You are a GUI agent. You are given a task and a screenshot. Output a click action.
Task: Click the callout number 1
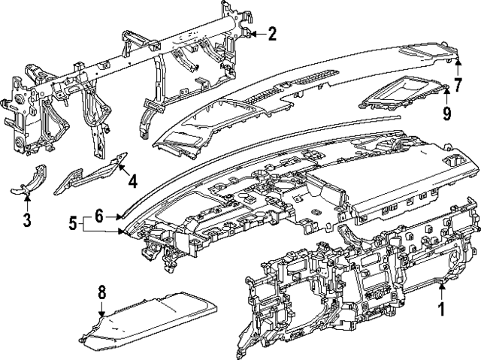[442, 307]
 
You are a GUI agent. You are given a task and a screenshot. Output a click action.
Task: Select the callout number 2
[271, 33]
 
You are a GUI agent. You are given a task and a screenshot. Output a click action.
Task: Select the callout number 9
[446, 113]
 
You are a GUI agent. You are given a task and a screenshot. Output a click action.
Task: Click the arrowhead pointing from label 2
[253, 33]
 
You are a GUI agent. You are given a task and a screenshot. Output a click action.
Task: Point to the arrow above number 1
[442, 288]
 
